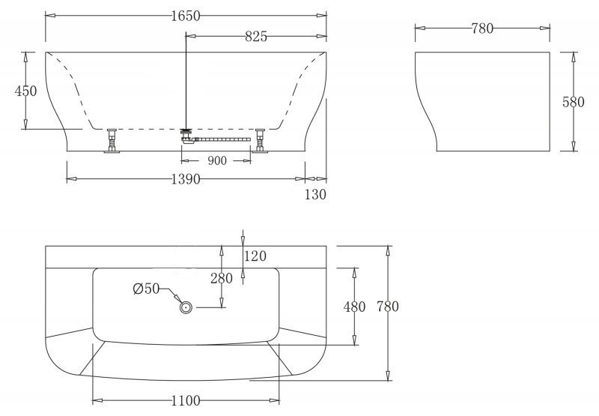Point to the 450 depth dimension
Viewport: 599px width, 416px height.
click(26, 91)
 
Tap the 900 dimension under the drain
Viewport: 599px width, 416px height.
click(217, 160)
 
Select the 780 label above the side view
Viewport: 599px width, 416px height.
click(483, 28)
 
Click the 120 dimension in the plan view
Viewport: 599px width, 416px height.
click(255, 257)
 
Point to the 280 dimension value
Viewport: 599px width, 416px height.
click(221, 278)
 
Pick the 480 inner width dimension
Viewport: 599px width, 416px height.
click(354, 307)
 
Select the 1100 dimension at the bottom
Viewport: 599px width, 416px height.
click(185, 401)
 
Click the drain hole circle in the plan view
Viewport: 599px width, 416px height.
click(186, 307)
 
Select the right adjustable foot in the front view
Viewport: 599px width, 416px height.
click(260, 140)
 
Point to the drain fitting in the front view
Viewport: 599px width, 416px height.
click(186, 134)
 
